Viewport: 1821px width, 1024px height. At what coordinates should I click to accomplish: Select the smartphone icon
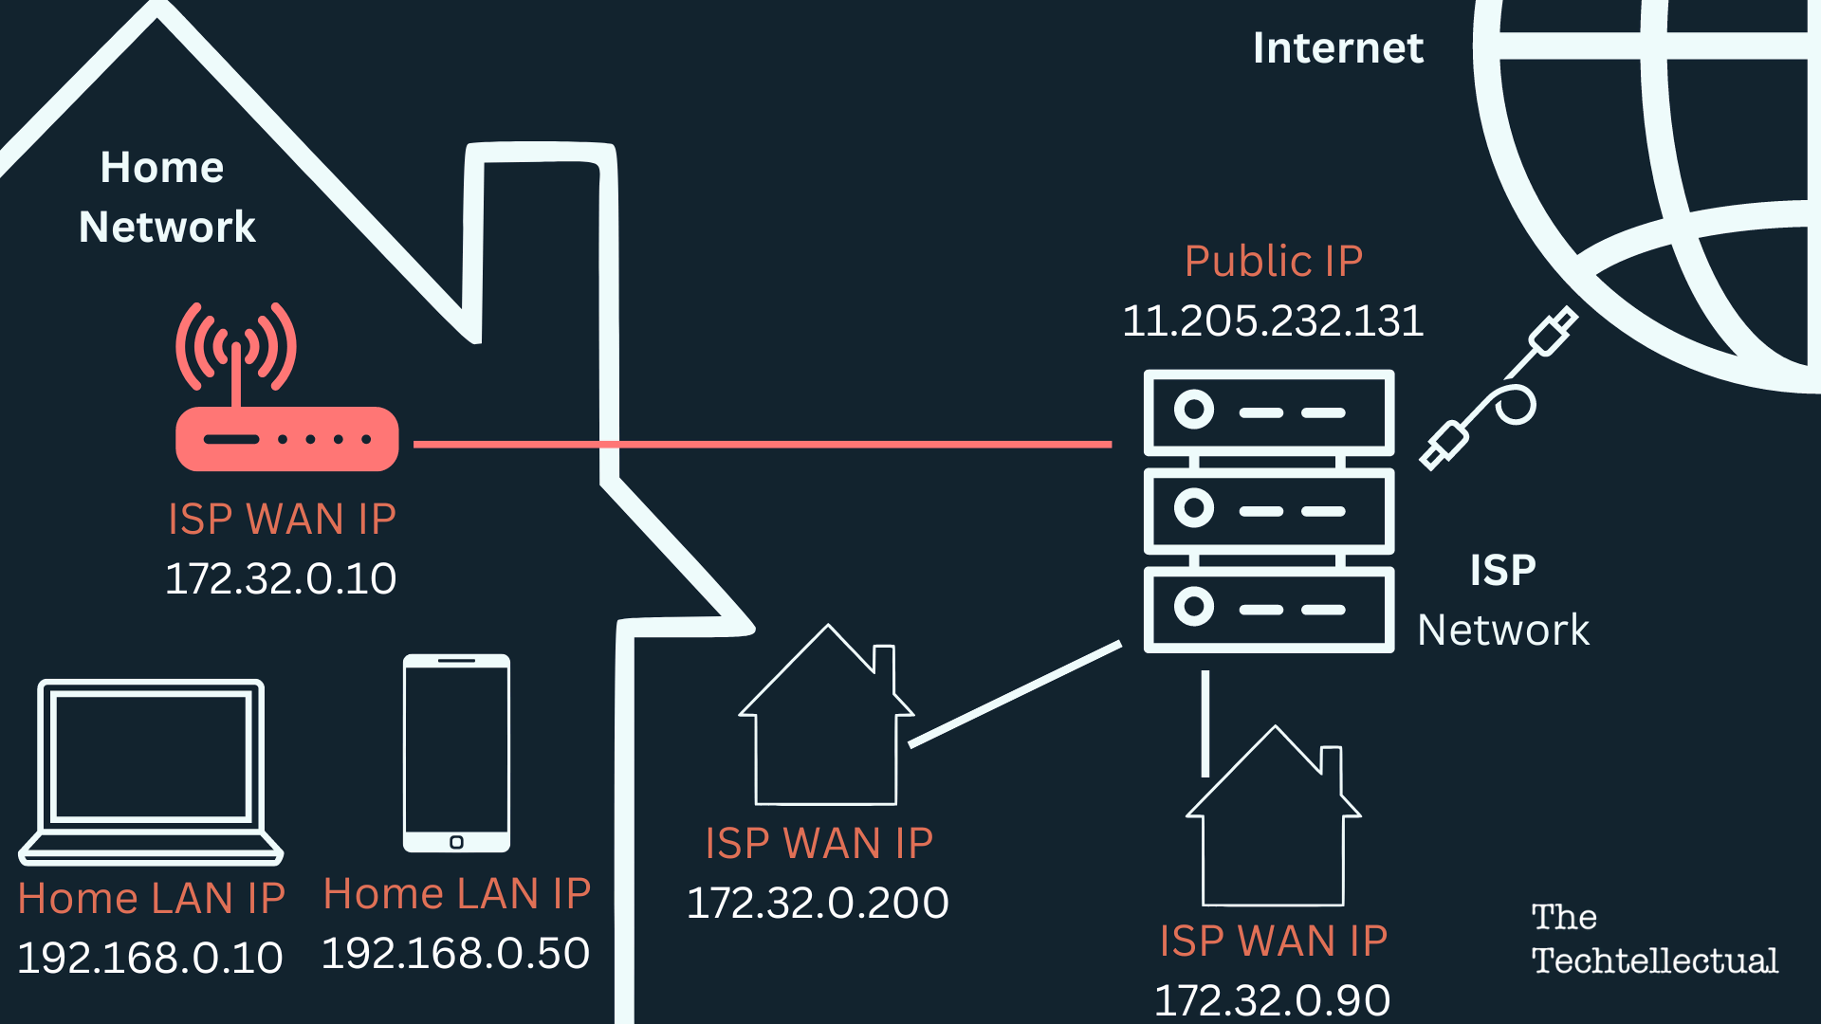click(x=456, y=753)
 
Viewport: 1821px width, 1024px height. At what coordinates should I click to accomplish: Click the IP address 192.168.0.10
click(x=150, y=958)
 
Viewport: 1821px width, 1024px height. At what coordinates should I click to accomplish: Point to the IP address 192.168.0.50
click(x=455, y=953)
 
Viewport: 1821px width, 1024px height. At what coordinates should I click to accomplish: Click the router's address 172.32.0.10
click(x=281, y=578)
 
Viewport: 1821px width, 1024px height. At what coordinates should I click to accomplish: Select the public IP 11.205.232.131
click(x=1273, y=320)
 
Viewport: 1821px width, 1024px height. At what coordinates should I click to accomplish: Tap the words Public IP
click(x=1273, y=261)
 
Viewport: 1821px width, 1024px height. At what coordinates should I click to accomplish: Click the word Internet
click(x=1337, y=48)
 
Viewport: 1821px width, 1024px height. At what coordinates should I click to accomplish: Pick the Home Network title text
click(x=166, y=197)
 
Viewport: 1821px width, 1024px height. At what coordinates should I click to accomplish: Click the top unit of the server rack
click(x=1269, y=412)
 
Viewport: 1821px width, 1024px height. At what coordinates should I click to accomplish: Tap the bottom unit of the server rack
click(x=1269, y=609)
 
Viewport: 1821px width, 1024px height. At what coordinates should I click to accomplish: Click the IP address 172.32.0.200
click(x=818, y=903)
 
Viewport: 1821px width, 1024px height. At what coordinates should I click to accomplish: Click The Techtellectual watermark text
click(x=1654, y=939)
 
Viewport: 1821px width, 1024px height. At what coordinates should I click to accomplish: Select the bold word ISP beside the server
click(x=1502, y=571)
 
